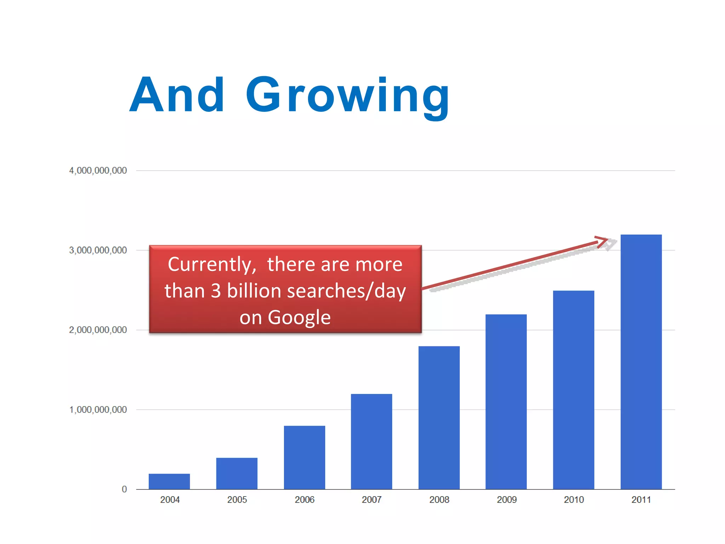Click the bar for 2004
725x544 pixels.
[x=169, y=481]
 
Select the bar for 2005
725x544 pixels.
[x=237, y=474]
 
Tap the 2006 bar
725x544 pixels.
[x=304, y=457]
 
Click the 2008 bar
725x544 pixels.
[x=439, y=418]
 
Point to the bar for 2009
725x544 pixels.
[x=506, y=402]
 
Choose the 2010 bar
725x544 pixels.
[x=573, y=390]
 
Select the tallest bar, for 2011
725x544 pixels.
[x=641, y=362]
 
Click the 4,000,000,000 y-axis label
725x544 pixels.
[x=98, y=171]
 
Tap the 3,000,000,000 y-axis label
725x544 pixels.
[x=98, y=250]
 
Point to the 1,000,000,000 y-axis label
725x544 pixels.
[x=98, y=410]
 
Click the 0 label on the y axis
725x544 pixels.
[x=124, y=489]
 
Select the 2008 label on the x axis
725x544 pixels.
[x=439, y=500]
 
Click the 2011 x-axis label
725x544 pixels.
[x=641, y=500]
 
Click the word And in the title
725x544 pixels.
[x=177, y=95]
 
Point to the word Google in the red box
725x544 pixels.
[x=299, y=317]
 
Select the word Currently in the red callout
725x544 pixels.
[x=212, y=265]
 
